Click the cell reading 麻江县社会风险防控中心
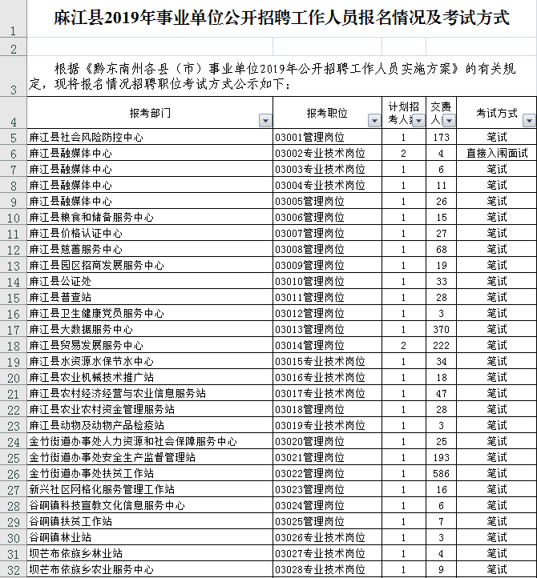coord(87,137)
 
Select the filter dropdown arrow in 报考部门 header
coord(265,121)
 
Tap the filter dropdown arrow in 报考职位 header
coord(373,121)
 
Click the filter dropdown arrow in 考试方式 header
coord(528,121)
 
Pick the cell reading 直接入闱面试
coord(496,153)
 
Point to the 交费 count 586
coord(440,473)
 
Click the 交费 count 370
coord(440,329)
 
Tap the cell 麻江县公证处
coord(60,281)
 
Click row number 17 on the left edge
coord(13,329)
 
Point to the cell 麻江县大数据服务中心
coord(81,329)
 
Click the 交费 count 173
coord(440,137)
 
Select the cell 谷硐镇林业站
coord(60,537)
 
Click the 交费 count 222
coord(440,345)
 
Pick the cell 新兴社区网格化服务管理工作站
coord(102,489)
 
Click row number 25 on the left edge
coord(13,457)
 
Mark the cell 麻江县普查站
coord(60,297)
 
